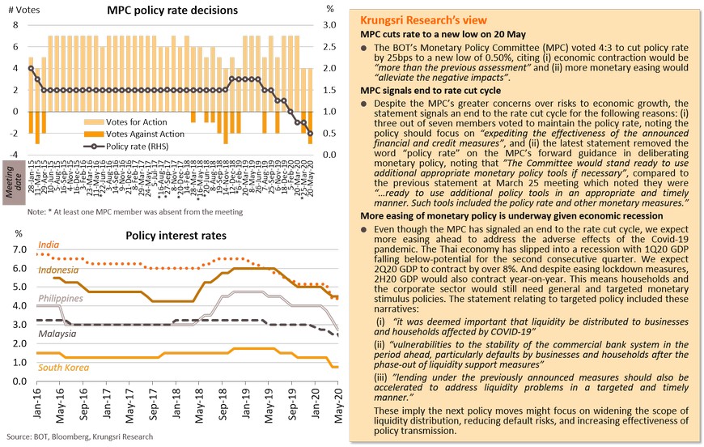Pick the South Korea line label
click(61, 368)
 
